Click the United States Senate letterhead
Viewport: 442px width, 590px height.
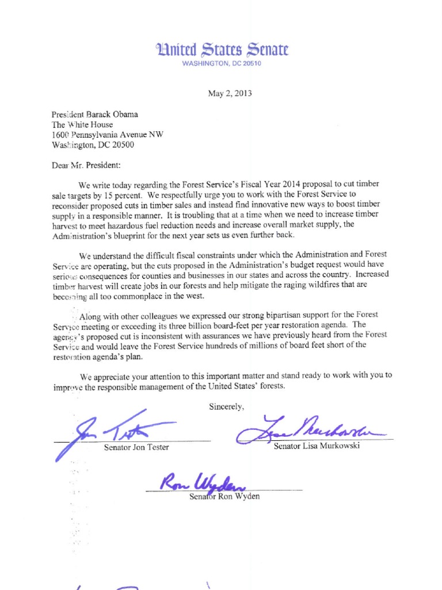[x=222, y=50]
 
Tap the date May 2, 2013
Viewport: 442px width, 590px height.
[x=230, y=93]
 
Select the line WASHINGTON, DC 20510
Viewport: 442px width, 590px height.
[x=222, y=63]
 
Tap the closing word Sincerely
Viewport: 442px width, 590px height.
[x=227, y=407]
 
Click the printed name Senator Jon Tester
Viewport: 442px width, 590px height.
[x=136, y=448]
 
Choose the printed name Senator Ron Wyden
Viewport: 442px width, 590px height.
[x=224, y=497]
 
